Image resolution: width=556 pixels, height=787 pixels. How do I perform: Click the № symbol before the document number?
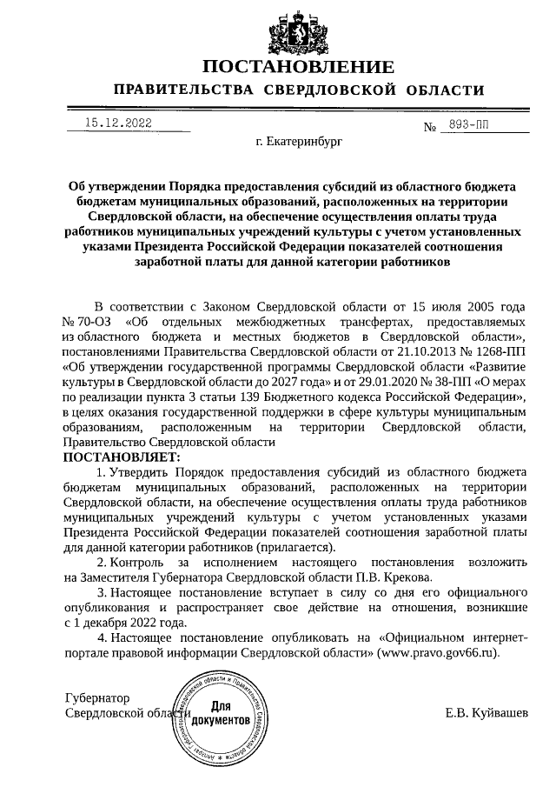(x=429, y=127)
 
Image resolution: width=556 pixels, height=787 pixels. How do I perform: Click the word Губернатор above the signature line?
(x=97, y=698)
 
